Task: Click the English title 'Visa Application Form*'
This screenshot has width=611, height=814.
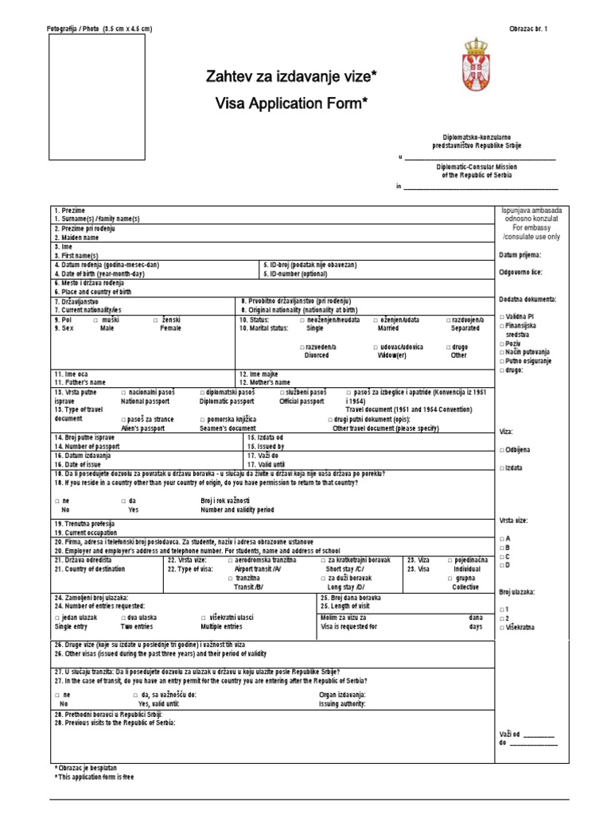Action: pyautogui.click(x=291, y=103)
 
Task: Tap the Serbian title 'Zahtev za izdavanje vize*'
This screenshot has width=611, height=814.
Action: pyautogui.click(x=291, y=77)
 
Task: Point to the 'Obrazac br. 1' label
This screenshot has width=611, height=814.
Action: pyautogui.click(x=528, y=29)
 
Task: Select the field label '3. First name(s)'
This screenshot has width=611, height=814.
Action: pyautogui.click(x=76, y=256)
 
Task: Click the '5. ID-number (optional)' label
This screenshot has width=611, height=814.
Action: pyautogui.click(x=300, y=273)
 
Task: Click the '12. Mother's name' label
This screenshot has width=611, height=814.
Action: pyautogui.click(x=265, y=382)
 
